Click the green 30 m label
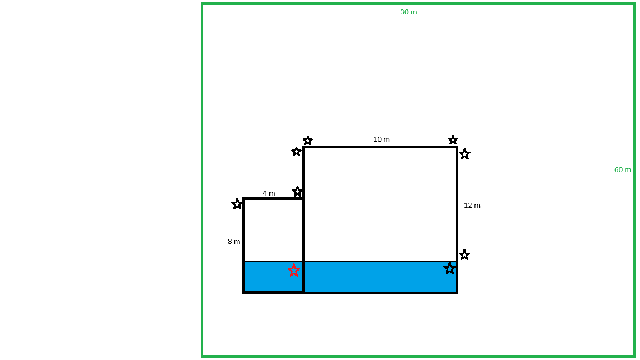[408, 12]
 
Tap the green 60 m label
[622, 170]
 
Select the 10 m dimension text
[381, 139]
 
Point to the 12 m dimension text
[472, 206]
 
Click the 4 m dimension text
[268, 193]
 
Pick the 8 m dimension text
[234, 241]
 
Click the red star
[293, 270]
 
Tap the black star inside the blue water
[449, 268]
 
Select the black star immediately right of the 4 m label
[297, 192]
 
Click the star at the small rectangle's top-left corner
[237, 204]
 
